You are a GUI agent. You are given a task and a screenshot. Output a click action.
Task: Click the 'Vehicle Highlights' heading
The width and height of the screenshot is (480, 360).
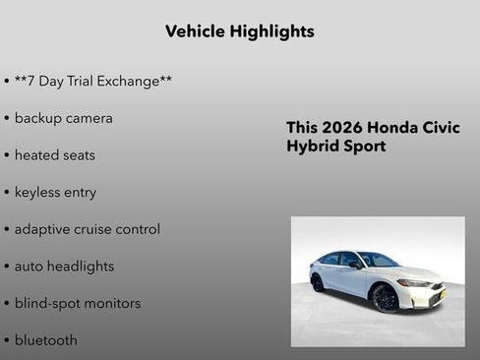pos(239,31)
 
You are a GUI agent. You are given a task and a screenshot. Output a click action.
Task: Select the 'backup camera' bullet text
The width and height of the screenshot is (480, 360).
pos(63,118)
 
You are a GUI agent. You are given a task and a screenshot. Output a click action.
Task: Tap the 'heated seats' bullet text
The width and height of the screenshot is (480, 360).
pos(54,155)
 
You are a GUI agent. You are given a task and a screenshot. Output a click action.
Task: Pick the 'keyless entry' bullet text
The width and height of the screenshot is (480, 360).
pos(55,192)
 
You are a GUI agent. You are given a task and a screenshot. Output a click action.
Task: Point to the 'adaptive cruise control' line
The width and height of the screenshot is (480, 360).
pos(87,229)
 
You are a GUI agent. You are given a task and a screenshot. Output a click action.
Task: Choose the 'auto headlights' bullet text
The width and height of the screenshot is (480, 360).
pos(64,267)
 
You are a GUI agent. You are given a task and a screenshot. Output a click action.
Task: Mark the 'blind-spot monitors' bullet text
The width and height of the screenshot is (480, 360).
pos(77,303)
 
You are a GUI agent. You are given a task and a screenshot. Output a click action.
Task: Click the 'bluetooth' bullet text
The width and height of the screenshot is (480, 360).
pos(45,340)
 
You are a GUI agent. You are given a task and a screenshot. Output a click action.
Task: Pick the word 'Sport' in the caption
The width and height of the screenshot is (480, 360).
pos(364,147)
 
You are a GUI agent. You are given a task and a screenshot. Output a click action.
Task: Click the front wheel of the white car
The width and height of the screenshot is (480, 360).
pos(386,299)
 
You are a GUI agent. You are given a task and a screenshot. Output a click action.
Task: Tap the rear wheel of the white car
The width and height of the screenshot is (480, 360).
pos(318,282)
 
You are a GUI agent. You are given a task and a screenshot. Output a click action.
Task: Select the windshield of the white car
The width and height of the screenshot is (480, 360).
pos(378,261)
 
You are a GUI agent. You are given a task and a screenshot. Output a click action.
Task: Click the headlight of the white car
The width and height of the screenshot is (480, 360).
pos(417,283)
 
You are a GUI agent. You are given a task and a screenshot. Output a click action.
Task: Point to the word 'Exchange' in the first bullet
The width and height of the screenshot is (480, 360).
pos(135,81)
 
